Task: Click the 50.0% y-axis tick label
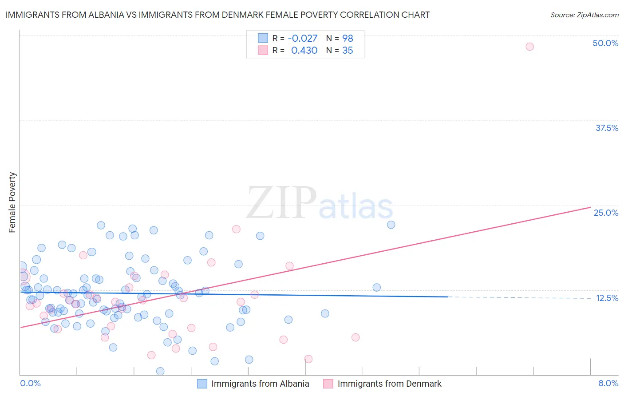(x=605, y=43)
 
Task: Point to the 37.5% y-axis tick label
(x=607, y=128)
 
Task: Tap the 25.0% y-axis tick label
(x=606, y=213)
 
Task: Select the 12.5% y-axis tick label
(x=607, y=298)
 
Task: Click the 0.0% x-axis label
(x=30, y=383)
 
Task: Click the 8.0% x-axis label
(x=608, y=383)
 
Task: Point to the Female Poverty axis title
(x=12, y=202)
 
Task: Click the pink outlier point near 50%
(x=529, y=47)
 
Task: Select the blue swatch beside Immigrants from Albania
(x=202, y=384)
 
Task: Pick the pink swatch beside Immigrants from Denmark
(x=328, y=384)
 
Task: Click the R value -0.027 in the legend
(x=303, y=38)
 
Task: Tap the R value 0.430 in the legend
(x=304, y=51)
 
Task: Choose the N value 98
(x=348, y=38)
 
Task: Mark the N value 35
(x=348, y=51)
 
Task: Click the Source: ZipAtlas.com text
(x=584, y=15)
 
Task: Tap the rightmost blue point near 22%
(x=391, y=225)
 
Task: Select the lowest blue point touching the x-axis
(x=160, y=371)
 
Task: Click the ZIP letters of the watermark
(x=281, y=203)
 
